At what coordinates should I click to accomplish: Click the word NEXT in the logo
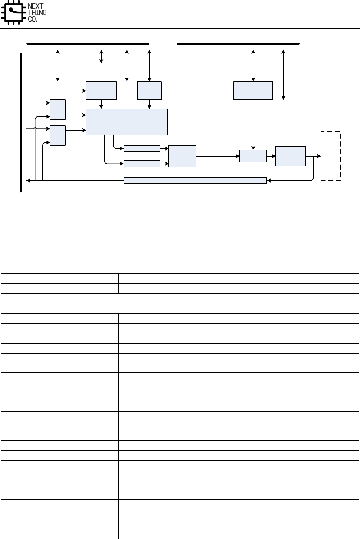tap(36, 6)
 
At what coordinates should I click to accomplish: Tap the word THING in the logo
tap(37, 13)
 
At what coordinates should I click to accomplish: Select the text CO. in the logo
tap(33, 19)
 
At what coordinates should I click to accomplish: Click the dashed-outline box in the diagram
tap(331, 156)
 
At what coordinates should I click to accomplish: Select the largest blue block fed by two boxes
tap(127, 122)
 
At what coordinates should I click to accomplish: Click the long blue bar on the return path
tap(195, 180)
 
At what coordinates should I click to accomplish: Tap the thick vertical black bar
tap(21, 122)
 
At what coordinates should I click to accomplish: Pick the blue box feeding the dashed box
tap(291, 156)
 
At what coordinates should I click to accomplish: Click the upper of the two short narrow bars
tap(142, 149)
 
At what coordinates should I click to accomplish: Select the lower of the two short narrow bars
tap(142, 164)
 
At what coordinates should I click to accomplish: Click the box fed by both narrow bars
tap(182, 156)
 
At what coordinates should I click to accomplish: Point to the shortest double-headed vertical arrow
tap(101, 56)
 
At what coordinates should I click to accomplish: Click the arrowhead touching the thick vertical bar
tap(28, 181)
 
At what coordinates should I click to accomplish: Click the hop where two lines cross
tap(35, 129)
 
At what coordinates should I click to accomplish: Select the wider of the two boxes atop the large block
tap(101, 91)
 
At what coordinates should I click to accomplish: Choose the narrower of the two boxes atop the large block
tap(149, 91)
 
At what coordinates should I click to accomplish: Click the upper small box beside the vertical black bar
tap(58, 109)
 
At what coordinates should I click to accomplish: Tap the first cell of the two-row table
tap(60, 279)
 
